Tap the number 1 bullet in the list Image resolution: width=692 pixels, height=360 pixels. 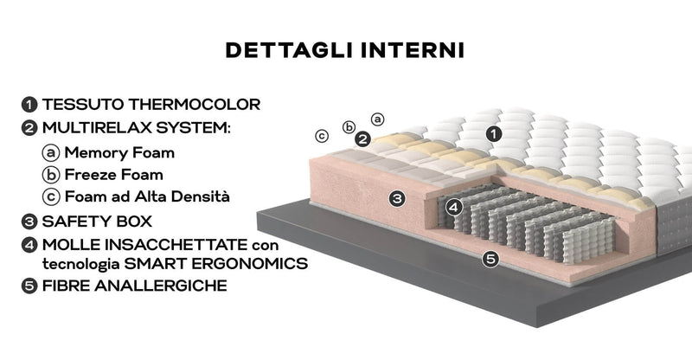30,105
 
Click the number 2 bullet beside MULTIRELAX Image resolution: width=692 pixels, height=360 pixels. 30,128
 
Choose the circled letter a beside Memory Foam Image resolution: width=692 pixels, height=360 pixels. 51,153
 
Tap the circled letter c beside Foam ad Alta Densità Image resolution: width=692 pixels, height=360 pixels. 51,196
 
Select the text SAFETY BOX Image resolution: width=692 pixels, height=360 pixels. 97,221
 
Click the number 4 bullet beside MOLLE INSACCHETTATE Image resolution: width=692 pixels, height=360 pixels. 30,243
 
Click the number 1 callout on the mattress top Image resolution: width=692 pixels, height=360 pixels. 492,133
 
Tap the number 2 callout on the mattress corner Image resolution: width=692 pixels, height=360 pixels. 363,138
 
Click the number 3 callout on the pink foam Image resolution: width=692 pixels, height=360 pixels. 397,198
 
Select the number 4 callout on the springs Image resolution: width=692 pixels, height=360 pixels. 456,207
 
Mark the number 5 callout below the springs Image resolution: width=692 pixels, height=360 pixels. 490,257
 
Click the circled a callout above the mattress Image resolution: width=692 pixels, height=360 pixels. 378,119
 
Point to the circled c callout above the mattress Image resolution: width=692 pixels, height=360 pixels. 321,135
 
